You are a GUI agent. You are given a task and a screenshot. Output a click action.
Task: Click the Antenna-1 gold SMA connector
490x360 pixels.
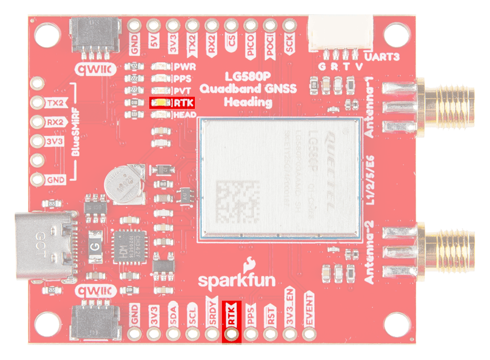pos(450,105)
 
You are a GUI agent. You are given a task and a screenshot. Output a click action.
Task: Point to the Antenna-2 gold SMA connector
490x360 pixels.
pos(450,251)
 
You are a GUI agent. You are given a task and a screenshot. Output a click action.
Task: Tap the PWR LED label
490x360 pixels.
pos(185,67)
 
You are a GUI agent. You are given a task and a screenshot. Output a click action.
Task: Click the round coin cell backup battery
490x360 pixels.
pos(123,185)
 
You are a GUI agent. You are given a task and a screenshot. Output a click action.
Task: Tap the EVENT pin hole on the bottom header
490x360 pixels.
pos(310,333)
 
